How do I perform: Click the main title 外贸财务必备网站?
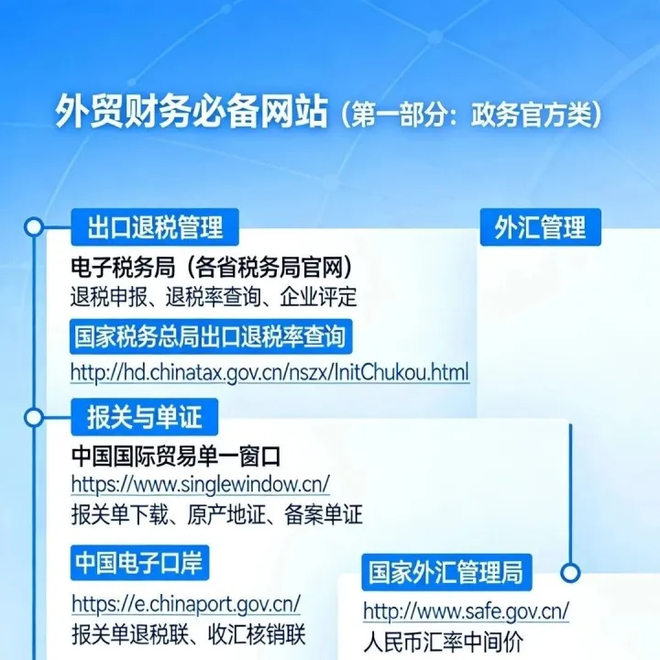click(x=191, y=114)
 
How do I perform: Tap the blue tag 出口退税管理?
click(x=148, y=225)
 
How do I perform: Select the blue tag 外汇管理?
click(x=540, y=226)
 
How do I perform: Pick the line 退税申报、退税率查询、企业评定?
click(x=214, y=298)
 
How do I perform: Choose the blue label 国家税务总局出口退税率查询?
click(x=211, y=335)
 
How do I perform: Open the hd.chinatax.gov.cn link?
click(x=269, y=372)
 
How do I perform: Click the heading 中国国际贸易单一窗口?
click(x=175, y=456)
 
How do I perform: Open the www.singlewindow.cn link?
click(x=200, y=484)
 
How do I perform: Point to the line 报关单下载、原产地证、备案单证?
click(x=216, y=513)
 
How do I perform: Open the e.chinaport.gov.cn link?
click(x=185, y=604)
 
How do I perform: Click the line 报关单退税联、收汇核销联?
click(x=188, y=634)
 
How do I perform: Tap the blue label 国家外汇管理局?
click(x=445, y=572)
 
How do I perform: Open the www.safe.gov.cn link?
click(x=466, y=610)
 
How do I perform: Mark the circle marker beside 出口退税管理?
click(x=35, y=225)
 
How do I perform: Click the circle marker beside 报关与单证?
click(x=35, y=417)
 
